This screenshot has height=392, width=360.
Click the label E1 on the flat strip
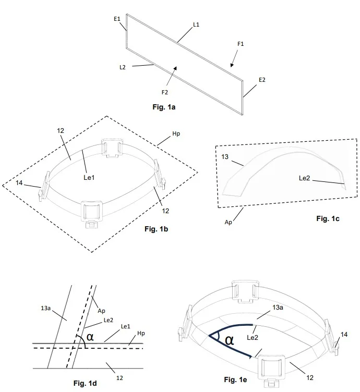(x=117, y=19)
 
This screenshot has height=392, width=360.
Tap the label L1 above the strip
(x=196, y=24)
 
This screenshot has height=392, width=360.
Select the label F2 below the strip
(x=165, y=92)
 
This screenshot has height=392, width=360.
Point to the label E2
(x=262, y=80)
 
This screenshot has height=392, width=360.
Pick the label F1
(x=241, y=44)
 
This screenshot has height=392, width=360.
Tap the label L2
(x=122, y=67)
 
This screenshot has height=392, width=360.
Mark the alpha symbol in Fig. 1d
(x=90, y=337)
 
